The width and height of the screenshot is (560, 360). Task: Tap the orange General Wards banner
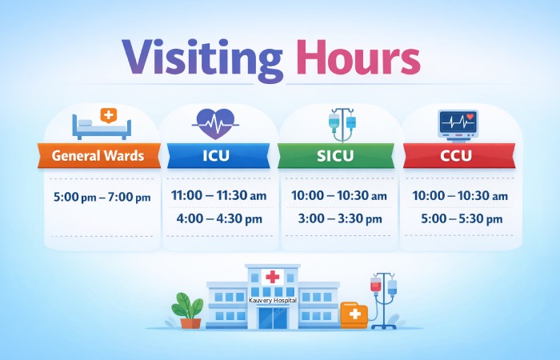(x=98, y=155)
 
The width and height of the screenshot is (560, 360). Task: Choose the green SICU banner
(x=337, y=155)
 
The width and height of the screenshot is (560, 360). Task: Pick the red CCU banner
(x=458, y=155)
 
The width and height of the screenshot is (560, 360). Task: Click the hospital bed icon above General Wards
(x=102, y=123)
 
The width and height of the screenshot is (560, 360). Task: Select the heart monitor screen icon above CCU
(x=458, y=124)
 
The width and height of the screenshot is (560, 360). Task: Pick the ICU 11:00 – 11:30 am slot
(x=217, y=195)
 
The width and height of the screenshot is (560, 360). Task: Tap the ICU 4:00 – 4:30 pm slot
(x=217, y=218)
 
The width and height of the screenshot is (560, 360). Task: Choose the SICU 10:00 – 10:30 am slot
(x=337, y=195)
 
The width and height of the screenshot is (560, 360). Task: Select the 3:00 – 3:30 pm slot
(x=337, y=218)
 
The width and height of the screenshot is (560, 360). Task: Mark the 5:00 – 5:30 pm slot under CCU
(x=458, y=218)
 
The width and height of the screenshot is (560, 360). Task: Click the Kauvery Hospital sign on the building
(x=273, y=299)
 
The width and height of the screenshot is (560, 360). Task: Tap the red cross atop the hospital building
(x=273, y=277)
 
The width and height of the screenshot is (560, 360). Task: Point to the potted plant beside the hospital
(x=189, y=310)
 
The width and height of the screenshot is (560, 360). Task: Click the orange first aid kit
(x=354, y=314)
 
